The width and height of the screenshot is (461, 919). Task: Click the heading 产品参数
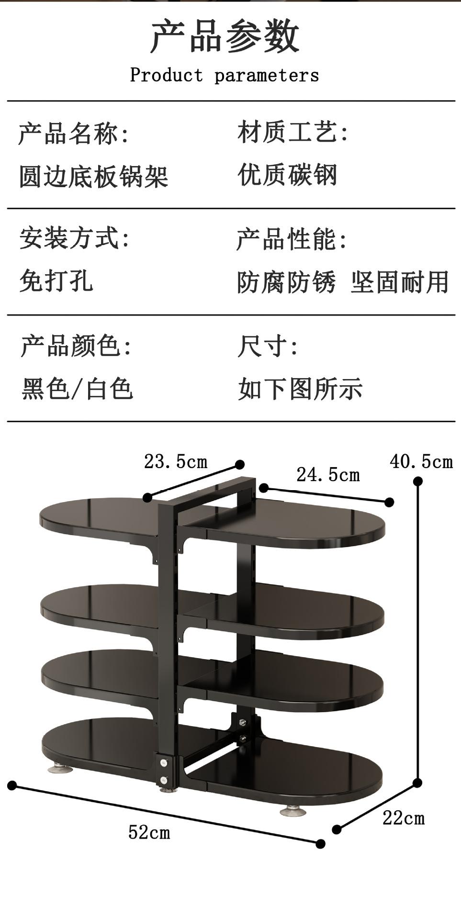click(x=225, y=37)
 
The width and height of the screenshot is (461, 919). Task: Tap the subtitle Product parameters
click(x=225, y=76)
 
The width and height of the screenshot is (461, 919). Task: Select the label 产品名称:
click(x=74, y=134)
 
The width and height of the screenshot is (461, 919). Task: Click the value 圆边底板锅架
click(x=94, y=176)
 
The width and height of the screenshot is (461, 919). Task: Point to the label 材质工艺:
click(x=293, y=132)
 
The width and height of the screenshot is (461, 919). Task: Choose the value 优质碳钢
click(x=288, y=175)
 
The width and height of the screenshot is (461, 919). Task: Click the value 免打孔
click(x=56, y=280)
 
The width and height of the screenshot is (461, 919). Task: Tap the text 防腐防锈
click(x=286, y=282)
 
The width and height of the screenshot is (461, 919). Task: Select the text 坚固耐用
click(x=400, y=282)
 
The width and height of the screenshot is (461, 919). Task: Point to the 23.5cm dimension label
click(x=176, y=462)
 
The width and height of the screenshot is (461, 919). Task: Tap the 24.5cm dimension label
click(x=328, y=475)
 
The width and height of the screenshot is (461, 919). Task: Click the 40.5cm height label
click(x=421, y=462)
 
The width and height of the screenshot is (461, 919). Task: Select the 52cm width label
click(x=149, y=833)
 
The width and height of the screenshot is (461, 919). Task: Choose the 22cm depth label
click(x=404, y=818)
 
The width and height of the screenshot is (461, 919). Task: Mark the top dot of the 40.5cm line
click(x=418, y=482)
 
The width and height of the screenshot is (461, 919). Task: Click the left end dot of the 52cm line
click(x=12, y=785)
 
